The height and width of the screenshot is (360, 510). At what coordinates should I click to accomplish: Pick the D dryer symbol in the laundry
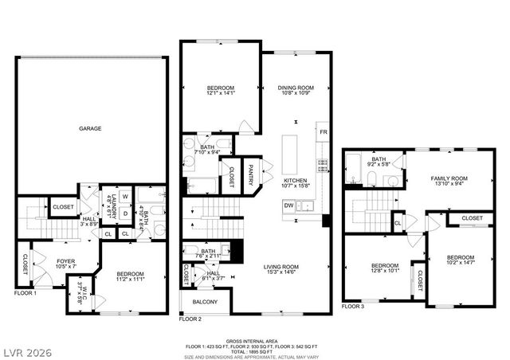(126, 213)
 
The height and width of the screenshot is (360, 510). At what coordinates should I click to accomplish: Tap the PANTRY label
(250, 174)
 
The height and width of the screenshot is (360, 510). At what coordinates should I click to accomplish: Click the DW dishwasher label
(288, 205)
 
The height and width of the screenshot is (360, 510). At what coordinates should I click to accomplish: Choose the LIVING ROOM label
(283, 267)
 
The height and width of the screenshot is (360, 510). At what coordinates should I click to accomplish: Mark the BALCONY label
(204, 303)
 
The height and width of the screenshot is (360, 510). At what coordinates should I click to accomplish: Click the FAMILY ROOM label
(449, 178)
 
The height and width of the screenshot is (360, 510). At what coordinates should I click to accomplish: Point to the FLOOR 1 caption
(26, 294)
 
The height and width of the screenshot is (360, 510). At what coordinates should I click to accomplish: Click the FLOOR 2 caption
(191, 319)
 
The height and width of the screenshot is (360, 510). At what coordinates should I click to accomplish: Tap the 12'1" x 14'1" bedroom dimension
(221, 93)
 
